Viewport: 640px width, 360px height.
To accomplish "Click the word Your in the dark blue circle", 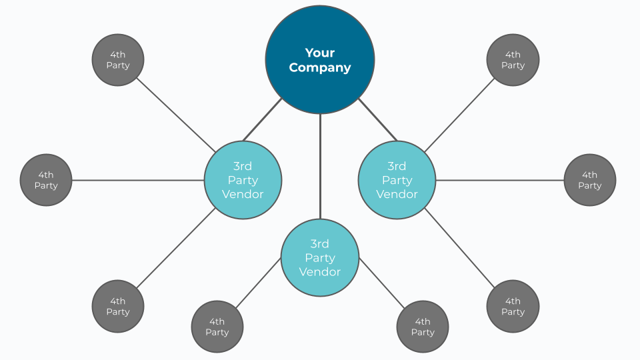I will pyautogui.click(x=320, y=53).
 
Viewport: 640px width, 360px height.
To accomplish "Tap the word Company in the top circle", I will pyautogui.click(x=320, y=67).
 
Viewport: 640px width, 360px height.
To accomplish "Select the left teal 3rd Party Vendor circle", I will pyautogui.click(x=243, y=180).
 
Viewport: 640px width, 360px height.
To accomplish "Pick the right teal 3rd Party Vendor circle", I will pyautogui.click(x=397, y=180).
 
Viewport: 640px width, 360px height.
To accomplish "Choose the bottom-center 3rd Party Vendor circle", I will pyautogui.click(x=320, y=257).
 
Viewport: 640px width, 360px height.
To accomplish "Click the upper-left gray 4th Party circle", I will pyautogui.click(x=118, y=60).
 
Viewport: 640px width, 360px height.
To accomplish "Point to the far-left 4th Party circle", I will pyautogui.click(x=46, y=180).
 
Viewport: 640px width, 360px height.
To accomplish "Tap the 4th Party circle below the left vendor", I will pyautogui.click(x=118, y=306).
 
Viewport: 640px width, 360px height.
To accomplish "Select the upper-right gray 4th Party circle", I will pyautogui.click(x=513, y=60).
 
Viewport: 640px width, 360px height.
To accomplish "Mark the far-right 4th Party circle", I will pyautogui.click(x=590, y=180).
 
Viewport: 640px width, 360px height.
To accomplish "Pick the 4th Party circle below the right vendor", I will pyautogui.click(x=513, y=306).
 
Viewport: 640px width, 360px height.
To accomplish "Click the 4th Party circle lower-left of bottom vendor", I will pyautogui.click(x=217, y=327).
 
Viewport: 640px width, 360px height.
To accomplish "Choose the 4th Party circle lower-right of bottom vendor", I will pyautogui.click(x=423, y=327).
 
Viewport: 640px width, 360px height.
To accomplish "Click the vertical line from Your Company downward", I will pyautogui.click(x=320, y=167).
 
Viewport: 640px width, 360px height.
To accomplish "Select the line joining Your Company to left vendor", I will pyautogui.click(x=262, y=120).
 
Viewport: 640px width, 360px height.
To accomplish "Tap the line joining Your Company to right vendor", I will pyautogui.click(x=378, y=120).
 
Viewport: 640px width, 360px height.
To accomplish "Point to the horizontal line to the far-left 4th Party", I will pyautogui.click(x=137, y=180).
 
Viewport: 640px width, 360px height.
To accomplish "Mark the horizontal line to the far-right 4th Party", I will pyautogui.click(x=500, y=180).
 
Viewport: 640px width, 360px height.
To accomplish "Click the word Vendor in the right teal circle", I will pyautogui.click(x=397, y=194).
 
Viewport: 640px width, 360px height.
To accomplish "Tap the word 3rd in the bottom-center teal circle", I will pyautogui.click(x=320, y=243).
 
